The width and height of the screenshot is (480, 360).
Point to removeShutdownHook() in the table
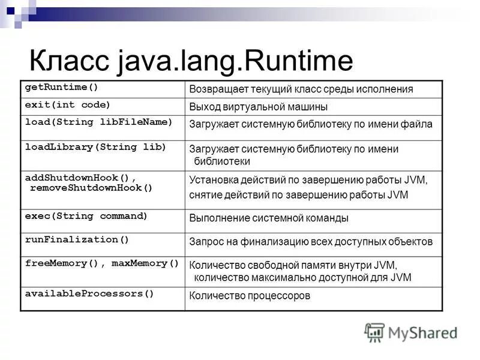click(91, 188)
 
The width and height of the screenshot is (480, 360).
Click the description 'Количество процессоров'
click(250, 296)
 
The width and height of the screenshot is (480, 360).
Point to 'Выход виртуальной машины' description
click(258, 107)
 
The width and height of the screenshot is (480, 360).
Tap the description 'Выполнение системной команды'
click(268, 218)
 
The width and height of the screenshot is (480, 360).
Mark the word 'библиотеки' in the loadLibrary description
click(222, 161)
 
